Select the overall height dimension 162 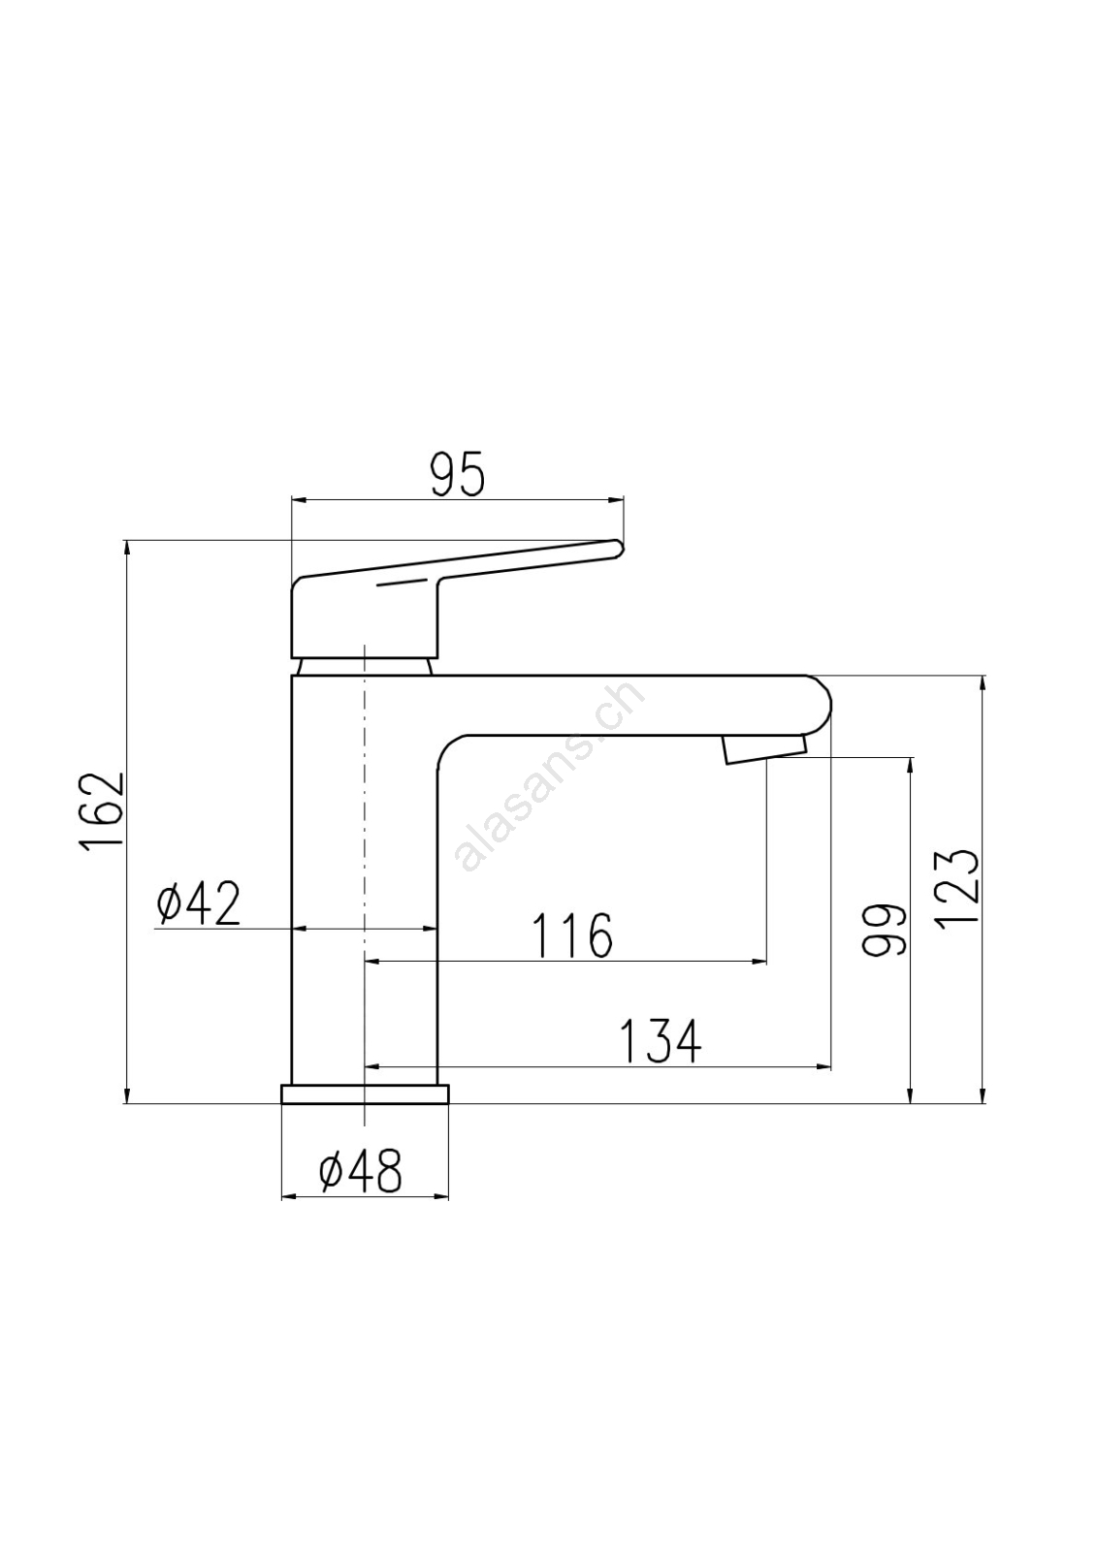(102, 810)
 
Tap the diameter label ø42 (198, 903)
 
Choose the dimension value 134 (661, 1041)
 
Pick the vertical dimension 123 (957, 886)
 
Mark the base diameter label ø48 (361, 1171)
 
